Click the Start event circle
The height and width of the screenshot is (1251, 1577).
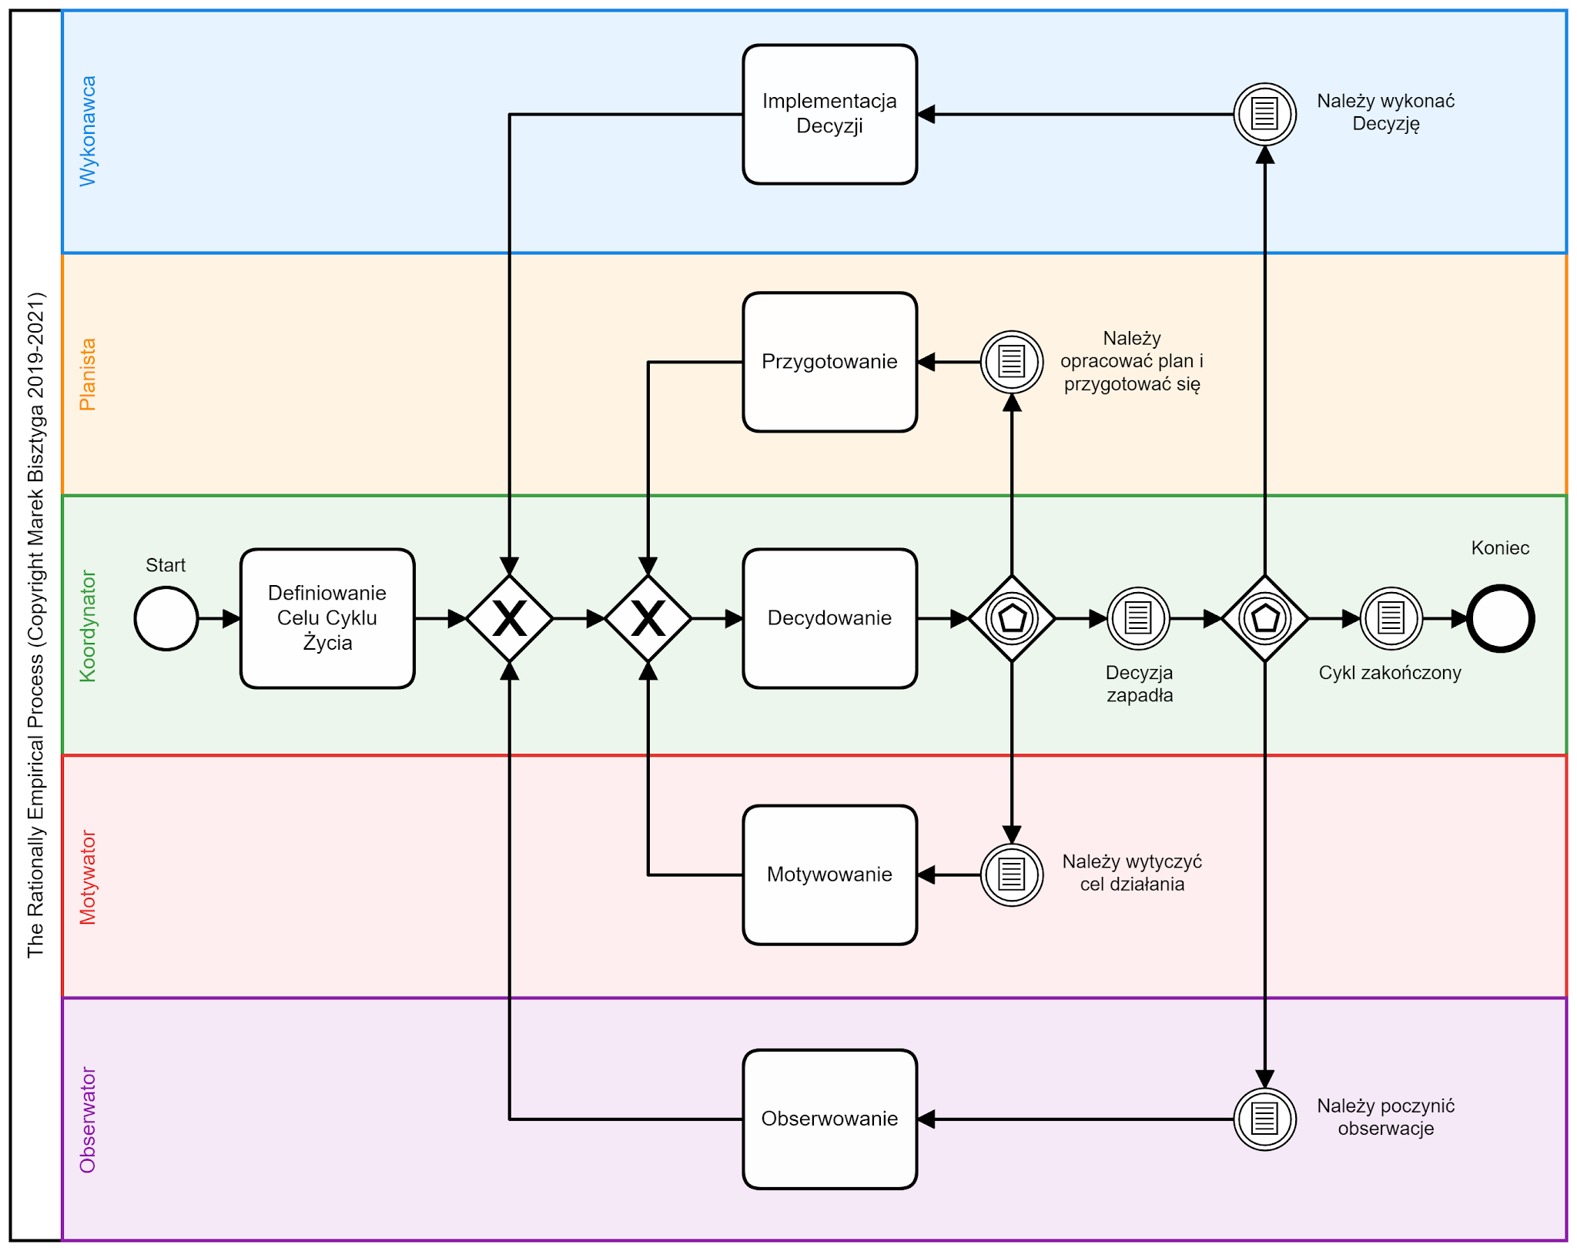pyautogui.click(x=166, y=618)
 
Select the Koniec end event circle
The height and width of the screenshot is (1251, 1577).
pyautogui.click(x=1500, y=618)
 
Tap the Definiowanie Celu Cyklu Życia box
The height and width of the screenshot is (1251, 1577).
pyautogui.click(x=327, y=618)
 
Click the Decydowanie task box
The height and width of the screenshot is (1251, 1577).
pyautogui.click(x=829, y=618)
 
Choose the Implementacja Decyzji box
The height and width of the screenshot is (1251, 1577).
pyautogui.click(x=829, y=114)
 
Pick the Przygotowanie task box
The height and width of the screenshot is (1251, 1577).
pyautogui.click(x=829, y=362)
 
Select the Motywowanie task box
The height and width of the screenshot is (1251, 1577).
pyautogui.click(x=829, y=875)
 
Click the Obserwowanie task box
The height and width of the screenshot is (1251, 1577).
pyautogui.click(x=829, y=1119)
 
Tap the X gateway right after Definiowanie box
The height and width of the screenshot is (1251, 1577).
pyautogui.click(x=510, y=618)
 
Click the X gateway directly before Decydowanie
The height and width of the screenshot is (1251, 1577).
pyautogui.click(x=648, y=618)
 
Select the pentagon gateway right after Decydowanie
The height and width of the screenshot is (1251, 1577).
pyautogui.click(x=1012, y=618)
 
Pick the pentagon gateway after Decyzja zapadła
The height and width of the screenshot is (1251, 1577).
pyautogui.click(x=1264, y=618)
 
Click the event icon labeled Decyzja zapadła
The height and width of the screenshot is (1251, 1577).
pyautogui.click(x=1138, y=618)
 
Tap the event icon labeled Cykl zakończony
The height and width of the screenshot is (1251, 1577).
pyautogui.click(x=1391, y=618)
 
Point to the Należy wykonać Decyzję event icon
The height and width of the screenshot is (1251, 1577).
pyautogui.click(x=1264, y=114)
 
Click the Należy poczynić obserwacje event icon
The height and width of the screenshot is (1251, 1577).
pyautogui.click(x=1264, y=1119)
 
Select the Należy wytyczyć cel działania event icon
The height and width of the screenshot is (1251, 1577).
pyautogui.click(x=1012, y=875)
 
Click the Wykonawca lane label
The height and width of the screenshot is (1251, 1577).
pyautogui.click(x=89, y=131)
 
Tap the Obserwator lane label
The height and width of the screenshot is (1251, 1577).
pyautogui.click(x=89, y=1119)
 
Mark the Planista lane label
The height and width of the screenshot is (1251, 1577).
pyautogui.click(x=89, y=374)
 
